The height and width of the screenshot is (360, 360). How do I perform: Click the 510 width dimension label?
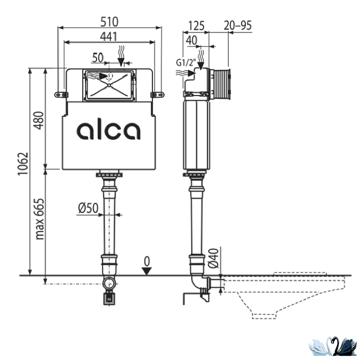109,22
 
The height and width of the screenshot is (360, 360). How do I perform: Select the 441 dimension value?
109,37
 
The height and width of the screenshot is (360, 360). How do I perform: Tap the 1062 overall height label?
23,164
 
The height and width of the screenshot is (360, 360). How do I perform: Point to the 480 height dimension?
38,121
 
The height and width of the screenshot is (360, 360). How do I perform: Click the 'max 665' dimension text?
39,219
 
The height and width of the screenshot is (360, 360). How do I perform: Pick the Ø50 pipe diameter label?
88,208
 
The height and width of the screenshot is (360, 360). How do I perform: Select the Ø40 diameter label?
213,258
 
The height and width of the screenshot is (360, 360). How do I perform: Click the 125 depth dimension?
196,25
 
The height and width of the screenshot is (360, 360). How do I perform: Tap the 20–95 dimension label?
238,25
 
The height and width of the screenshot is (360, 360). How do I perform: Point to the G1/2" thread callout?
186,62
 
